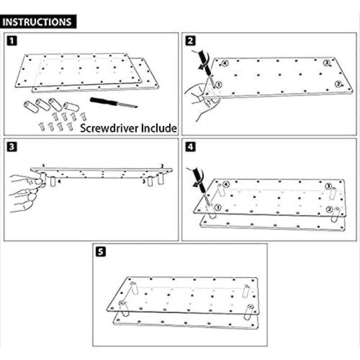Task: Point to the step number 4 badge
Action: pyautogui.click(x=191, y=146)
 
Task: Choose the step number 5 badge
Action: pyautogui.click(x=101, y=252)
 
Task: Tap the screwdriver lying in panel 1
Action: pyautogui.click(x=113, y=102)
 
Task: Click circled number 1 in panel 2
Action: pyautogui.click(x=219, y=85)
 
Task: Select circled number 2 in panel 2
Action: pyautogui.click(x=337, y=84)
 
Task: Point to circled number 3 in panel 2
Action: pyautogui.click(x=327, y=63)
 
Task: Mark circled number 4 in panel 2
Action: pyautogui.click(x=225, y=64)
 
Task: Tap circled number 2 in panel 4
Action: pyautogui.click(x=329, y=209)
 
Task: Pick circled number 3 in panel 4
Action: pyautogui.click(x=328, y=186)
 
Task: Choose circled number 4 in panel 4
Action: pyautogui.click(x=226, y=184)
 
